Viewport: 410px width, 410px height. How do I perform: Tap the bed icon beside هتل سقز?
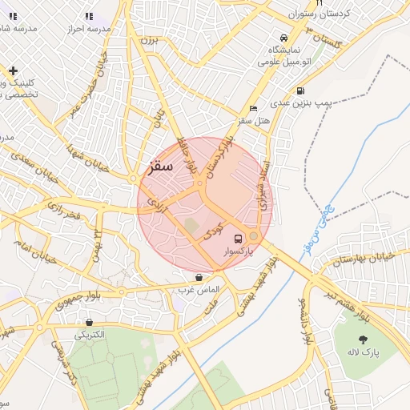click(x=254, y=108)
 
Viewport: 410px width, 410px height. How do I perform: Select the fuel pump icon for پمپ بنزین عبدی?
click(x=299, y=90)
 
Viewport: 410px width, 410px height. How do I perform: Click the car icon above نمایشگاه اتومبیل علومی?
click(x=283, y=38)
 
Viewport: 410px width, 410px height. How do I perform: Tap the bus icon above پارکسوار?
click(x=238, y=239)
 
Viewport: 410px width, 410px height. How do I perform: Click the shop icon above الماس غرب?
click(x=199, y=277)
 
